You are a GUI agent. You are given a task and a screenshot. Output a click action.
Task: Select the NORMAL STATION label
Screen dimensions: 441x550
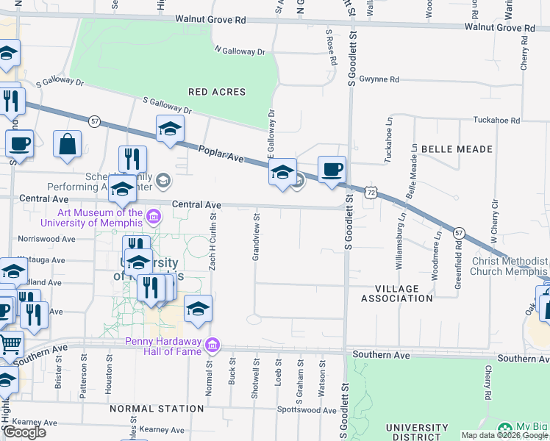click(156, 408)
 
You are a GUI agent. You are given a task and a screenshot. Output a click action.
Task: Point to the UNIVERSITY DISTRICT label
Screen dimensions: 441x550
click(417, 433)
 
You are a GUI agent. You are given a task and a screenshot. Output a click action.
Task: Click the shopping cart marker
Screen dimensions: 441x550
click(9, 343)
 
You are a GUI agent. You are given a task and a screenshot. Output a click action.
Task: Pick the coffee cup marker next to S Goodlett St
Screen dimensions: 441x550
click(332, 169)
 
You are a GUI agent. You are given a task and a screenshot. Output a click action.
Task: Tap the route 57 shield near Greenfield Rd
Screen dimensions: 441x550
click(459, 232)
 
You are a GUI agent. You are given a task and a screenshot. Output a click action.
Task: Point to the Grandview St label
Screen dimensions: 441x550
click(257, 237)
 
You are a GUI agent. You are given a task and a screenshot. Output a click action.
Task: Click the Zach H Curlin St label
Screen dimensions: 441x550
click(212, 243)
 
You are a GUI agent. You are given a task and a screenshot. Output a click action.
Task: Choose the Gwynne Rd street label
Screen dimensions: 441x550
click(379, 79)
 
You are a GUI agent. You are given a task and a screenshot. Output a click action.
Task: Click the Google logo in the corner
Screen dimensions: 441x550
click(24, 432)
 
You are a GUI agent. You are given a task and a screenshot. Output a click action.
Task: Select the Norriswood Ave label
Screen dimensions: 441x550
click(47, 239)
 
